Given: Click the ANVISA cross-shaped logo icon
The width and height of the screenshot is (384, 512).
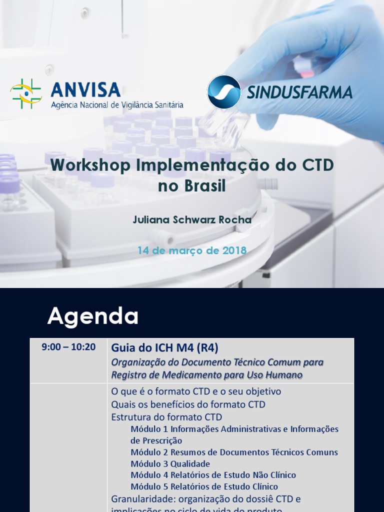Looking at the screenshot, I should coord(26,93).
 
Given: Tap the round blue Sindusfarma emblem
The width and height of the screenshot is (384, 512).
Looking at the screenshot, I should coord(224,91).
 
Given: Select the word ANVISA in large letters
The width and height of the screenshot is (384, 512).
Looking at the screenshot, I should coord(85,89).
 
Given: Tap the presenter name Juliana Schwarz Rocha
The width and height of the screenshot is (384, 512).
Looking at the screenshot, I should coord(192,220).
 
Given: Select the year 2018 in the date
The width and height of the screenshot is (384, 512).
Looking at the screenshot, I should coord(231,250).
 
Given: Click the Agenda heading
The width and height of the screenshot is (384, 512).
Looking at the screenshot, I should coord(93,316).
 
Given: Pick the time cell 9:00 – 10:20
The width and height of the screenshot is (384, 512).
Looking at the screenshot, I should coord(68,347).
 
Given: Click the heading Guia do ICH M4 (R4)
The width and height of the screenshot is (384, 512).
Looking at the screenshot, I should coord(164,347).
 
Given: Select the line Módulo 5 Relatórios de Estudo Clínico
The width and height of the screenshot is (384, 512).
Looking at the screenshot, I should coord(204,486).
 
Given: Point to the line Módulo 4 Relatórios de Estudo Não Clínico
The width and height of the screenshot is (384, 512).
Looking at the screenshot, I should coord(213,475).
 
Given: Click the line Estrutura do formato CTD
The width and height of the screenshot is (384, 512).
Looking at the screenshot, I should coord(166,417).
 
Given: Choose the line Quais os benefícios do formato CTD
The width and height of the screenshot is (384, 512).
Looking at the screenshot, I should coord(188,404).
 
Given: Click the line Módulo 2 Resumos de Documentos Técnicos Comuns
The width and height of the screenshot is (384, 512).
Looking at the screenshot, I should coord(234,452).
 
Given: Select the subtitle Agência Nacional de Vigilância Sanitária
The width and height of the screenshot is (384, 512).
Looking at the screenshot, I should coord(117,105).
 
